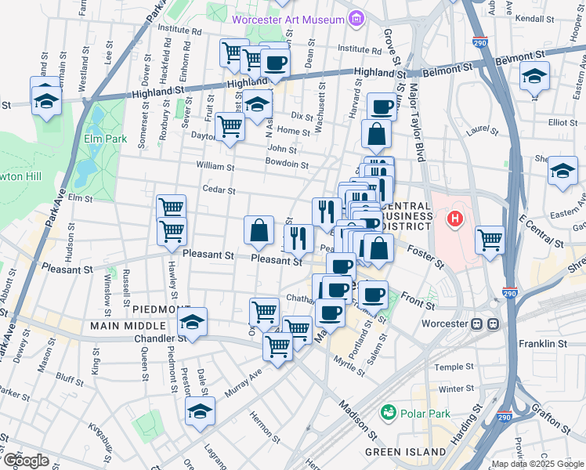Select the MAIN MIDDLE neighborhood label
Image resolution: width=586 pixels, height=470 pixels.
point(127,325)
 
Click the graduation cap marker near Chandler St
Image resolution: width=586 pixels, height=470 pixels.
point(190,322)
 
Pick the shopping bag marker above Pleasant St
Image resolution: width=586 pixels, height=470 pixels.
point(259,230)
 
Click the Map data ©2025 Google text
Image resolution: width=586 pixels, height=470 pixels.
point(537,464)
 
